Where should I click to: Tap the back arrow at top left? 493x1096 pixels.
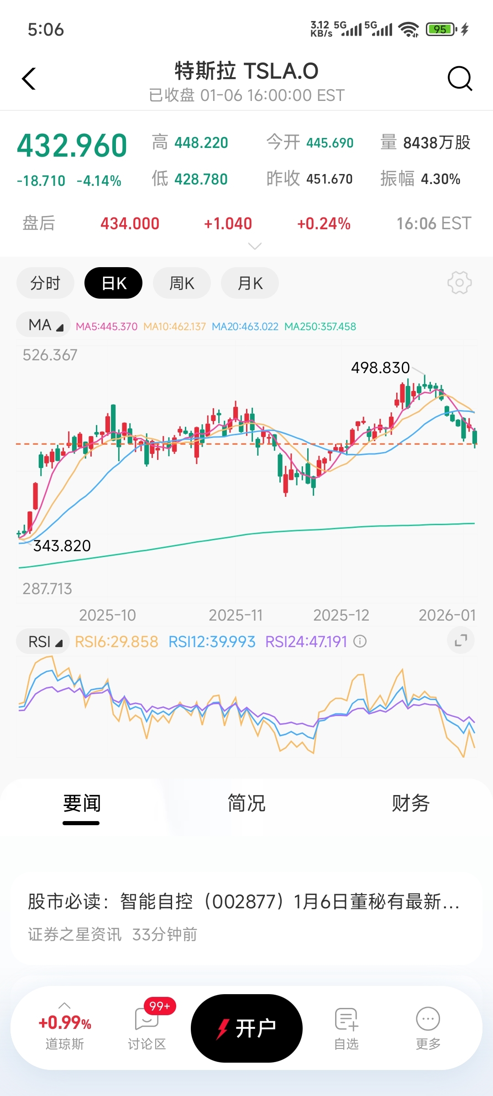tap(29, 79)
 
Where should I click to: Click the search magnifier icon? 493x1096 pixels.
tap(459, 79)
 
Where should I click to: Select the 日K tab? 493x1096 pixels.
tap(113, 283)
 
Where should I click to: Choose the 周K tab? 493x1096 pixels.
tap(182, 283)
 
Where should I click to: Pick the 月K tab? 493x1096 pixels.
tap(250, 283)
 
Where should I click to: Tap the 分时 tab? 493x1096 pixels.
tap(45, 283)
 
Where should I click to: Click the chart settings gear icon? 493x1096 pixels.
tap(459, 283)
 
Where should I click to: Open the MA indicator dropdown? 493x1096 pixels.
tap(44, 325)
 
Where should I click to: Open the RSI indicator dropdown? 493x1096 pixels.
tap(43, 642)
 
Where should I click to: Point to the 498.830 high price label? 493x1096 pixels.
tap(380, 368)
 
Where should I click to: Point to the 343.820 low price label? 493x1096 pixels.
tap(62, 546)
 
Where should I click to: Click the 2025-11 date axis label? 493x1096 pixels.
tap(236, 615)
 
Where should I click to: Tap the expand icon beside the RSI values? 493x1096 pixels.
tap(461, 641)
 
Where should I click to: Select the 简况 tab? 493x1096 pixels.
tap(246, 803)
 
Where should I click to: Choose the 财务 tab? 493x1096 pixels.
tap(410, 803)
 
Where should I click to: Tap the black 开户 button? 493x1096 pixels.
tap(246, 1028)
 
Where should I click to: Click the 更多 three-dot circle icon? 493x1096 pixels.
tap(428, 1019)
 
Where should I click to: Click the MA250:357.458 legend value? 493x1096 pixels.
tap(320, 327)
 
